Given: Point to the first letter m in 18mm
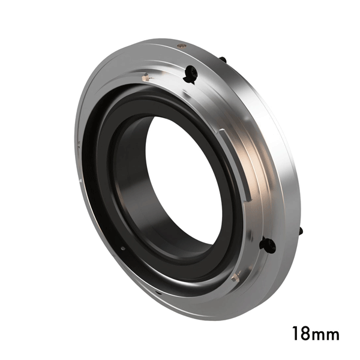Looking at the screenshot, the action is (x=319, y=335).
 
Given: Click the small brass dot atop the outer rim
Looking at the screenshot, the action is (x=182, y=46).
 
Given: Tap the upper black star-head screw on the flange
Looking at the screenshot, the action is (x=190, y=74).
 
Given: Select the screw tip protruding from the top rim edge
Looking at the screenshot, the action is (x=223, y=60).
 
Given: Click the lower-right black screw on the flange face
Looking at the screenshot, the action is (x=268, y=245).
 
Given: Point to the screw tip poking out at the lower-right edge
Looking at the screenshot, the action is (x=301, y=231).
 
